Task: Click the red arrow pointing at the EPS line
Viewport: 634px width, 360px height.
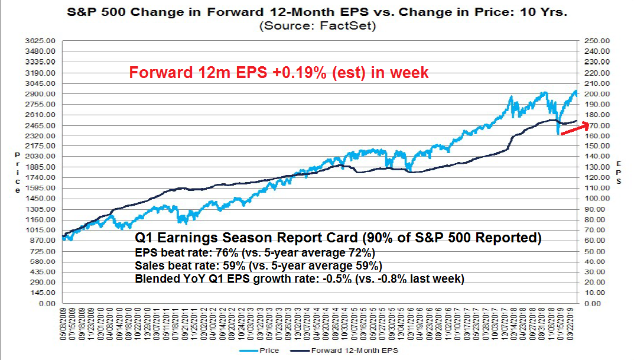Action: pos(574,129)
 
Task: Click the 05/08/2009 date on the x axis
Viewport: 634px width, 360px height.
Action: pos(63,324)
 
